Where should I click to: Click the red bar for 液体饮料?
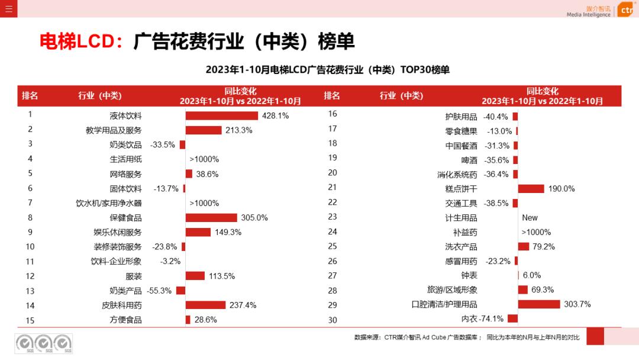point(222,115)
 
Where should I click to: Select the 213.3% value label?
point(239,130)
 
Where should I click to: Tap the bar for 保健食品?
point(211,218)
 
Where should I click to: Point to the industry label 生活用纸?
point(125,159)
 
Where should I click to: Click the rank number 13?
point(30,291)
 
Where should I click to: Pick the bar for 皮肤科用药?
point(205,305)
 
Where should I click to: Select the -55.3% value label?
point(160,291)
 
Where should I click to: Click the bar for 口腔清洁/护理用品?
point(539,304)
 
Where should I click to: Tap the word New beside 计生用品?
point(530,218)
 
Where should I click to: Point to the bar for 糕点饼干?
point(531,189)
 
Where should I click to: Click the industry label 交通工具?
point(461,203)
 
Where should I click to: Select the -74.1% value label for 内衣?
point(492,319)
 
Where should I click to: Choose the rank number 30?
point(333,320)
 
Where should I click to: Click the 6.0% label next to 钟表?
point(532,275)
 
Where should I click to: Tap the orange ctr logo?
point(625,10)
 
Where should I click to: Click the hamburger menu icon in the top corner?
point(8,8)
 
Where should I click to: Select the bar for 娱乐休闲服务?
point(198,232)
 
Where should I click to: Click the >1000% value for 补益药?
point(536,232)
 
